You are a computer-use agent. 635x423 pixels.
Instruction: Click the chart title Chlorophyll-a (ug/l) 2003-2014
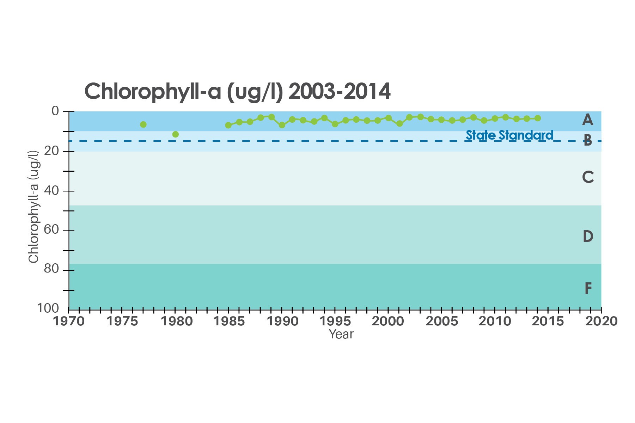click(x=237, y=92)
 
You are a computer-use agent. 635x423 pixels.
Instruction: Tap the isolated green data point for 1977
click(x=143, y=124)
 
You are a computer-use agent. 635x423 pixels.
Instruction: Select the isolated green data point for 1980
click(x=175, y=134)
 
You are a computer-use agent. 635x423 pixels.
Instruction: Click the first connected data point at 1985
click(x=228, y=125)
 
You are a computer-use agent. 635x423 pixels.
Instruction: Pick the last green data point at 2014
click(x=538, y=118)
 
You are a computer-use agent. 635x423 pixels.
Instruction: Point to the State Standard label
click(x=509, y=135)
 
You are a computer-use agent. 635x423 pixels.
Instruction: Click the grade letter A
click(x=587, y=120)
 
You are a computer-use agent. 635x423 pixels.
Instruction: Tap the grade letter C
click(x=588, y=177)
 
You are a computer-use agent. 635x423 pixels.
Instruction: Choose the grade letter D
click(x=588, y=236)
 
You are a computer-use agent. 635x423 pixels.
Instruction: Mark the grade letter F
click(x=588, y=289)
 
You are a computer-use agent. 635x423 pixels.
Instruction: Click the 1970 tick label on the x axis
click(x=69, y=321)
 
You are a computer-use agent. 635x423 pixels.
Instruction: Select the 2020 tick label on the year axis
click(x=602, y=321)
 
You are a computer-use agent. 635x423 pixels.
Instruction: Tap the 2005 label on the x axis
click(x=442, y=321)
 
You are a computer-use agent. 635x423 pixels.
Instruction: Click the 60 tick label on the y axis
click(x=51, y=230)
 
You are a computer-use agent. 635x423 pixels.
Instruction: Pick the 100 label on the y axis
click(x=48, y=308)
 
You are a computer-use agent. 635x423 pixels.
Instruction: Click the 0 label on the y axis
click(x=55, y=111)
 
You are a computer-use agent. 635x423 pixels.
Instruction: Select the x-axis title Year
click(x=341, y=334)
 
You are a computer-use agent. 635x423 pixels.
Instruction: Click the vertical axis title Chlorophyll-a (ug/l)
click(x=33, y=207)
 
